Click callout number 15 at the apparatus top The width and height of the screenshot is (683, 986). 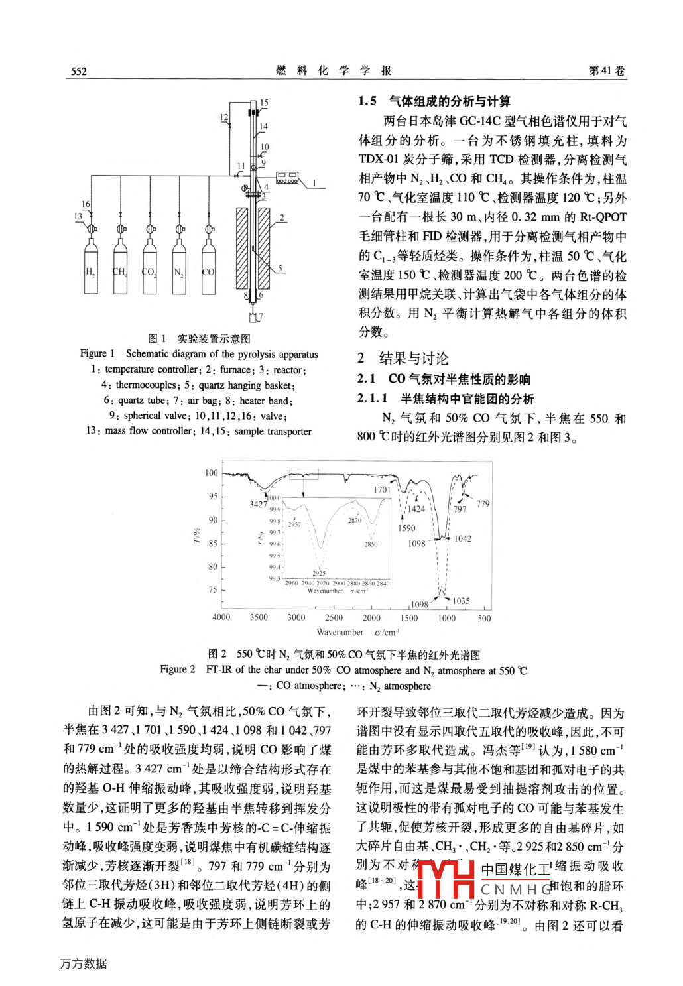pos(264,103)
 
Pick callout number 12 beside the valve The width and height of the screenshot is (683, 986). pos(224,117)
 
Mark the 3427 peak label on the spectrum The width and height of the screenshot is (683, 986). pos(258,504)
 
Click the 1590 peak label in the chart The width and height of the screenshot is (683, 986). pos(406,528)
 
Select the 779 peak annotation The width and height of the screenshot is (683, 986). pos(483,504)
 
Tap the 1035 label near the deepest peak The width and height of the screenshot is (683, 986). pos(461,601)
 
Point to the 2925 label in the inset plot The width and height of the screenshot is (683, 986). pos(319,573)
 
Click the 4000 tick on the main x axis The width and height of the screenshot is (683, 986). pos(221,617)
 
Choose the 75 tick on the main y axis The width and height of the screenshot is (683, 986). pos(212,589)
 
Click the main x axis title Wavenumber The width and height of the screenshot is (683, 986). pos(340,633)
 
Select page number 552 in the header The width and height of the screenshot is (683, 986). pos(79,71)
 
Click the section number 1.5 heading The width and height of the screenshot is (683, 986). pos(367,101)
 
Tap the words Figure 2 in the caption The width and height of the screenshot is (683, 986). pos(177,670)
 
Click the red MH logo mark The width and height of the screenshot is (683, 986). pos(446,878)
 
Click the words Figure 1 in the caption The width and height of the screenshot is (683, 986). pos(97,354)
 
